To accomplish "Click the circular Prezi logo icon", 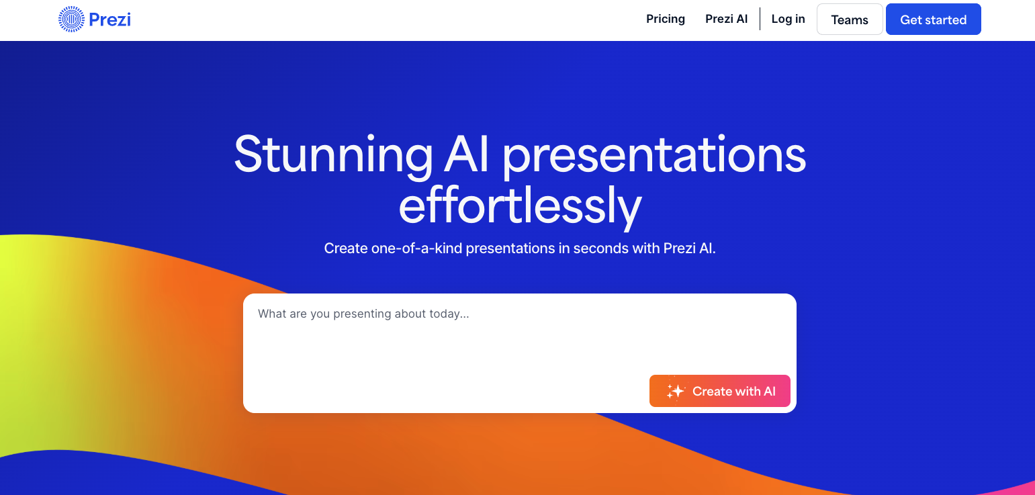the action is pos(71,19).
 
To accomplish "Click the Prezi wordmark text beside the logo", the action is pos(109,19).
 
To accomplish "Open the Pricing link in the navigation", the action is pos(666,19).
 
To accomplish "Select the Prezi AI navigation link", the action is pos(726,19).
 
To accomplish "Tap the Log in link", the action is pos(789,19).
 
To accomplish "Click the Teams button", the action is pos(850,19).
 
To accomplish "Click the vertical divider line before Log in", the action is pos(760,19).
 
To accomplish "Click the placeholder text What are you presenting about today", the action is pos(363,314).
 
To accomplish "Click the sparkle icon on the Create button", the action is pos(675,391).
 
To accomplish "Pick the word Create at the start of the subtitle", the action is pos(346,249).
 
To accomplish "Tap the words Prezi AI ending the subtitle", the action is pos(689,249).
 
